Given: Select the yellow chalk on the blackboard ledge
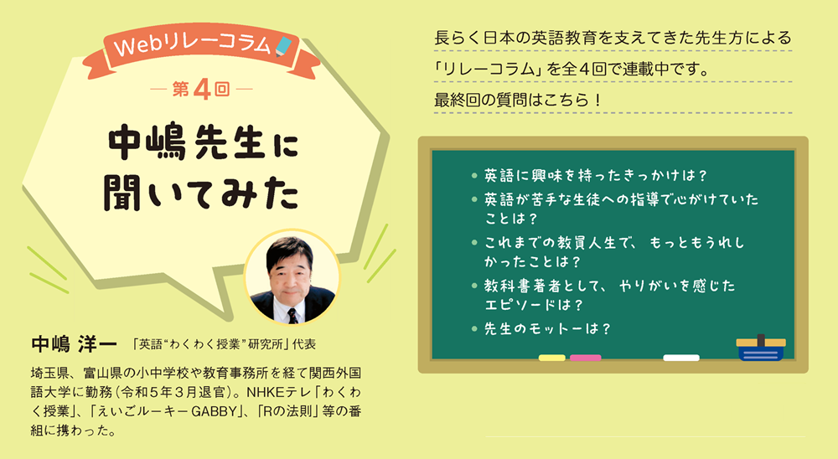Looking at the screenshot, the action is tap(551, 358).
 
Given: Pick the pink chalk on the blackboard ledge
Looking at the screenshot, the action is tap(585, 358).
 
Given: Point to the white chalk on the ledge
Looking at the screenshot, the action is tap(681, 358).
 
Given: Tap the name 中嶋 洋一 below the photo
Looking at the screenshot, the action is tap(74, 343).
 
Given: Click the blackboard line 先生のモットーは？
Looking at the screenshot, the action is tap(547, 328).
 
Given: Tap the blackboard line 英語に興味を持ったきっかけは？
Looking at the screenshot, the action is tap(596, 175).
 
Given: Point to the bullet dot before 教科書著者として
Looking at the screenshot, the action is tap(474, 286).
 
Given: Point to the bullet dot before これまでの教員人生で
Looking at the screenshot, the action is tap(474, 243).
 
